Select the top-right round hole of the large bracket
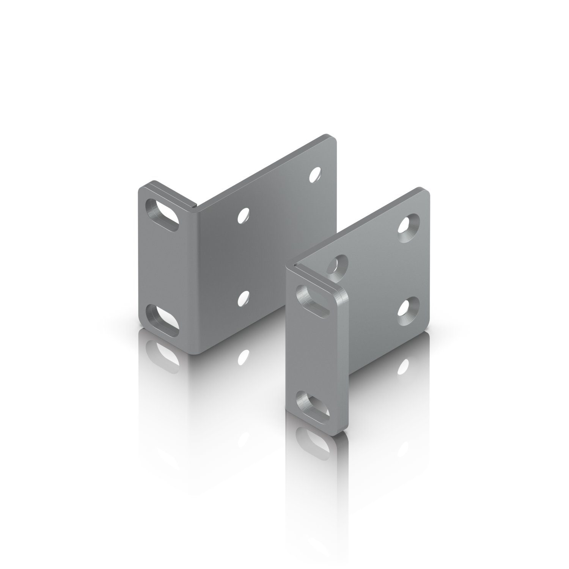pos(316,174)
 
